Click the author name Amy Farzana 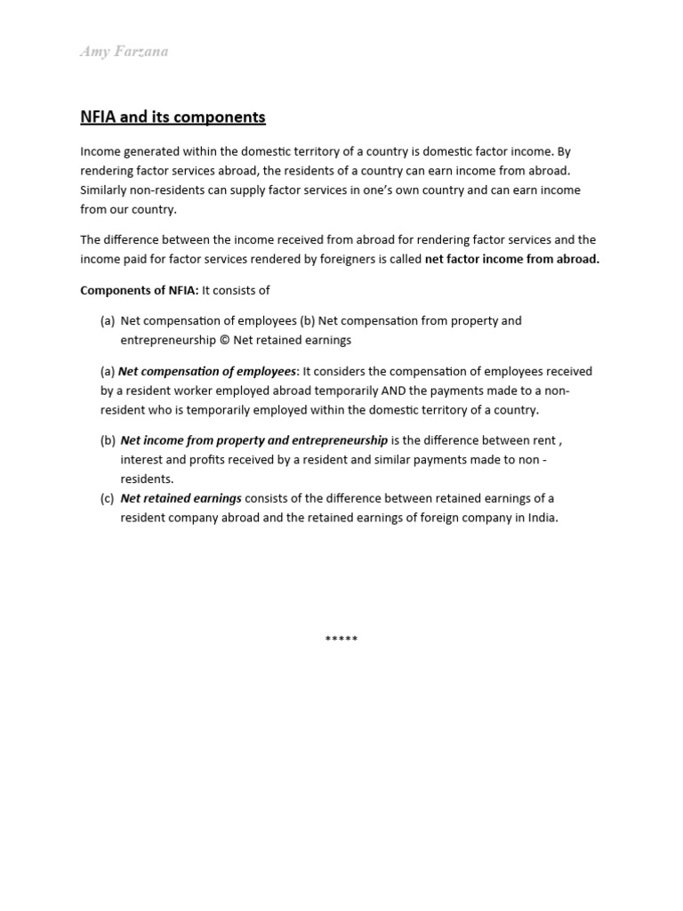click(124, 52)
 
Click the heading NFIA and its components click(173, 117)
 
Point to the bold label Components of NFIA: click(139, 290)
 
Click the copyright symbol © click(223, 340)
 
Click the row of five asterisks click(341, 639)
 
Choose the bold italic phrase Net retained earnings click(181, 498)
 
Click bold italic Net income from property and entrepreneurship click(253, 440)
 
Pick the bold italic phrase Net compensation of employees click(207, 371)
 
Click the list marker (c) click(108, 498)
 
